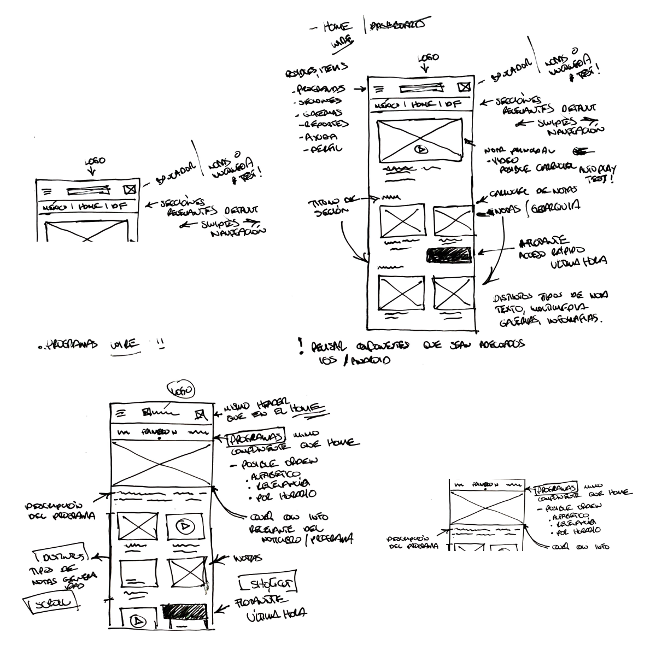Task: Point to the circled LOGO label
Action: point(181,390)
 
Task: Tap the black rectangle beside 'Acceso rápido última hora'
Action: point(448,254)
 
